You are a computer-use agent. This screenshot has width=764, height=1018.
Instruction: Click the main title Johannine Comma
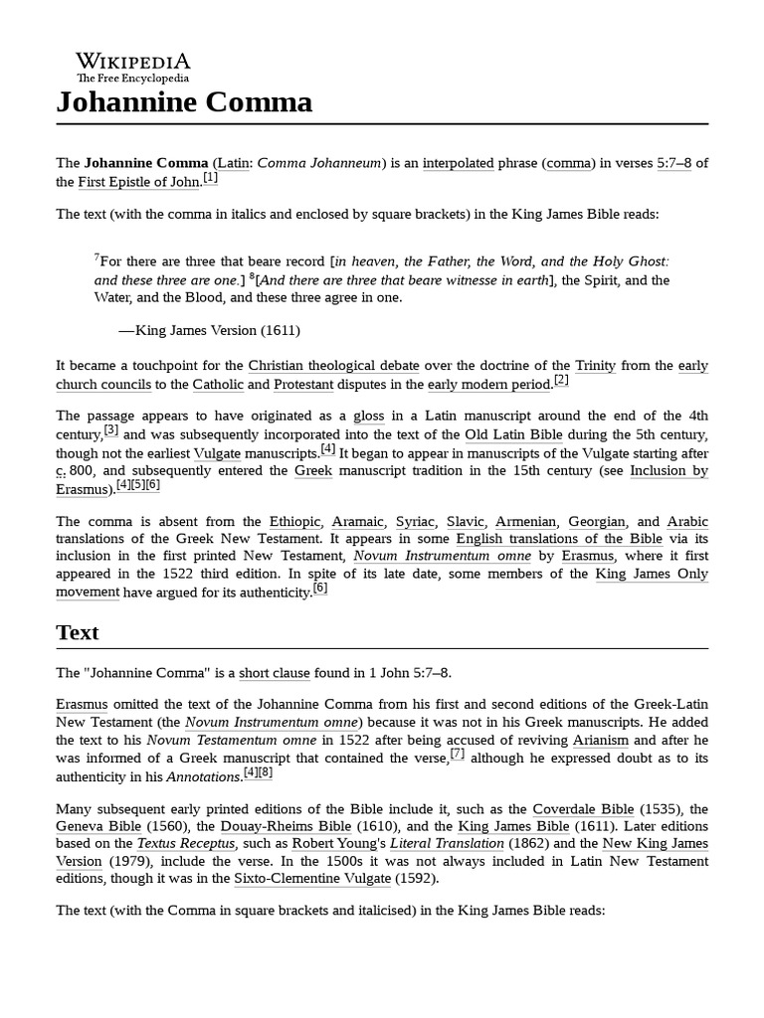[184, 101]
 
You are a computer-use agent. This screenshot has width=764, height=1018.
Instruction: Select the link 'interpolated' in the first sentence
[458, 163]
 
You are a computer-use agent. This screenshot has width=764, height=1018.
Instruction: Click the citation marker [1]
[210, 178]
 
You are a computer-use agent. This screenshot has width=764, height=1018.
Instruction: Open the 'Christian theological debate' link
[333, 366]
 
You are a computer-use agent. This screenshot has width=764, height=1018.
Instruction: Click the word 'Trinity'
[596, 366]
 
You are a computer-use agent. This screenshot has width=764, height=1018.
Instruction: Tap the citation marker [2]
[561, 381]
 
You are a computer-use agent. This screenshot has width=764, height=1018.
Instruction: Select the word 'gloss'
[369, 416]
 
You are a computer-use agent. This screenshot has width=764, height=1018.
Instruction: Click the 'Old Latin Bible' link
[513, 434]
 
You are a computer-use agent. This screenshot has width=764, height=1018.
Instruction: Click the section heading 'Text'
[78, 632]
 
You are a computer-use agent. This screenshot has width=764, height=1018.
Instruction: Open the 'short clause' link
[275, 673]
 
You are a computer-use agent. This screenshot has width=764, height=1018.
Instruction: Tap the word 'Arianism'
[599, 741]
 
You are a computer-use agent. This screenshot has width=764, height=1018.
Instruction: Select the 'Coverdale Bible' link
[582, 808]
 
